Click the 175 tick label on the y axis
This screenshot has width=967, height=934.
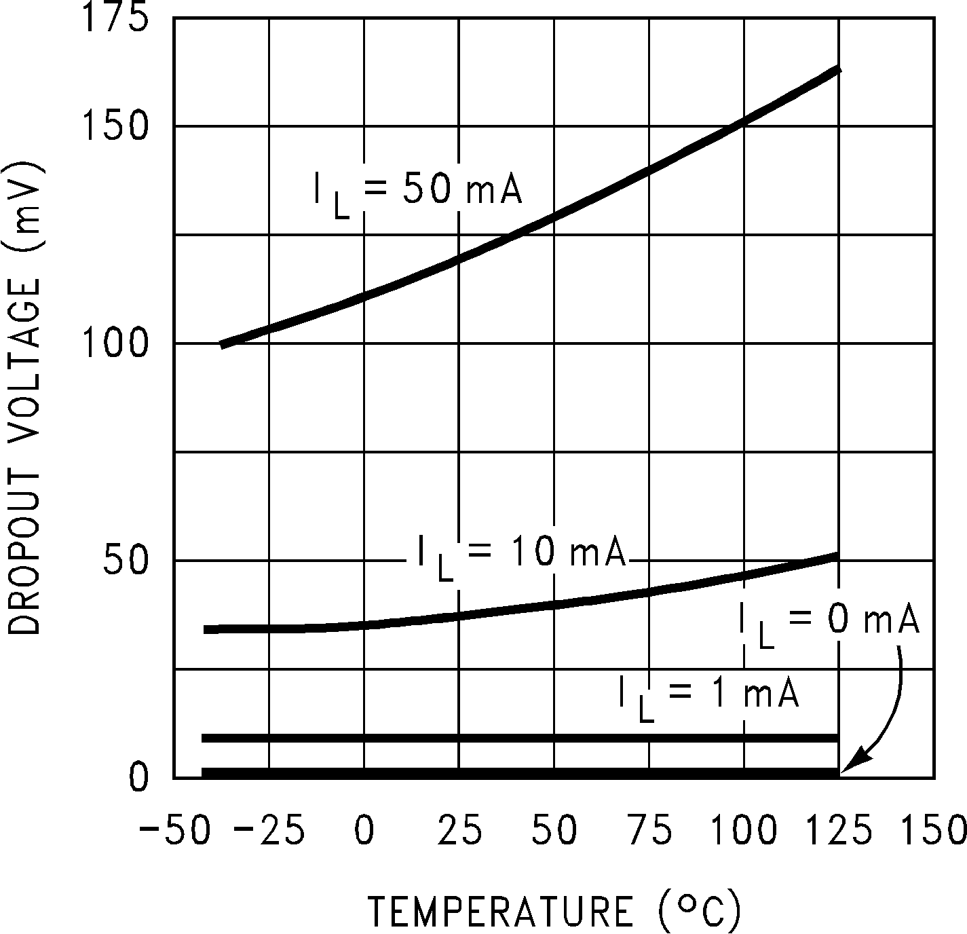pos(114,19)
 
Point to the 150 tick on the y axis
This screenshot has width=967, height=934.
pos(114,126)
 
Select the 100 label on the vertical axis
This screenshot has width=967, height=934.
pos(114,343)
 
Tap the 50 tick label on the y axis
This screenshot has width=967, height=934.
pos(126,561)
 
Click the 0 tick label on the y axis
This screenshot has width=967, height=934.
pos(138,778)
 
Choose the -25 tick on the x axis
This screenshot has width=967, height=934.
pos(269,831)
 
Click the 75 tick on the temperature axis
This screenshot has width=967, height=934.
pos(649,831)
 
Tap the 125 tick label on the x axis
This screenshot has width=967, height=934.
pos(839,831)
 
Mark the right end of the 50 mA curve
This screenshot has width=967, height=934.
pos(839,69)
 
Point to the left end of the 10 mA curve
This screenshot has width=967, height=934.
pos(206,630)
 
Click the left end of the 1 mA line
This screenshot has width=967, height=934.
pos(204,738)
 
